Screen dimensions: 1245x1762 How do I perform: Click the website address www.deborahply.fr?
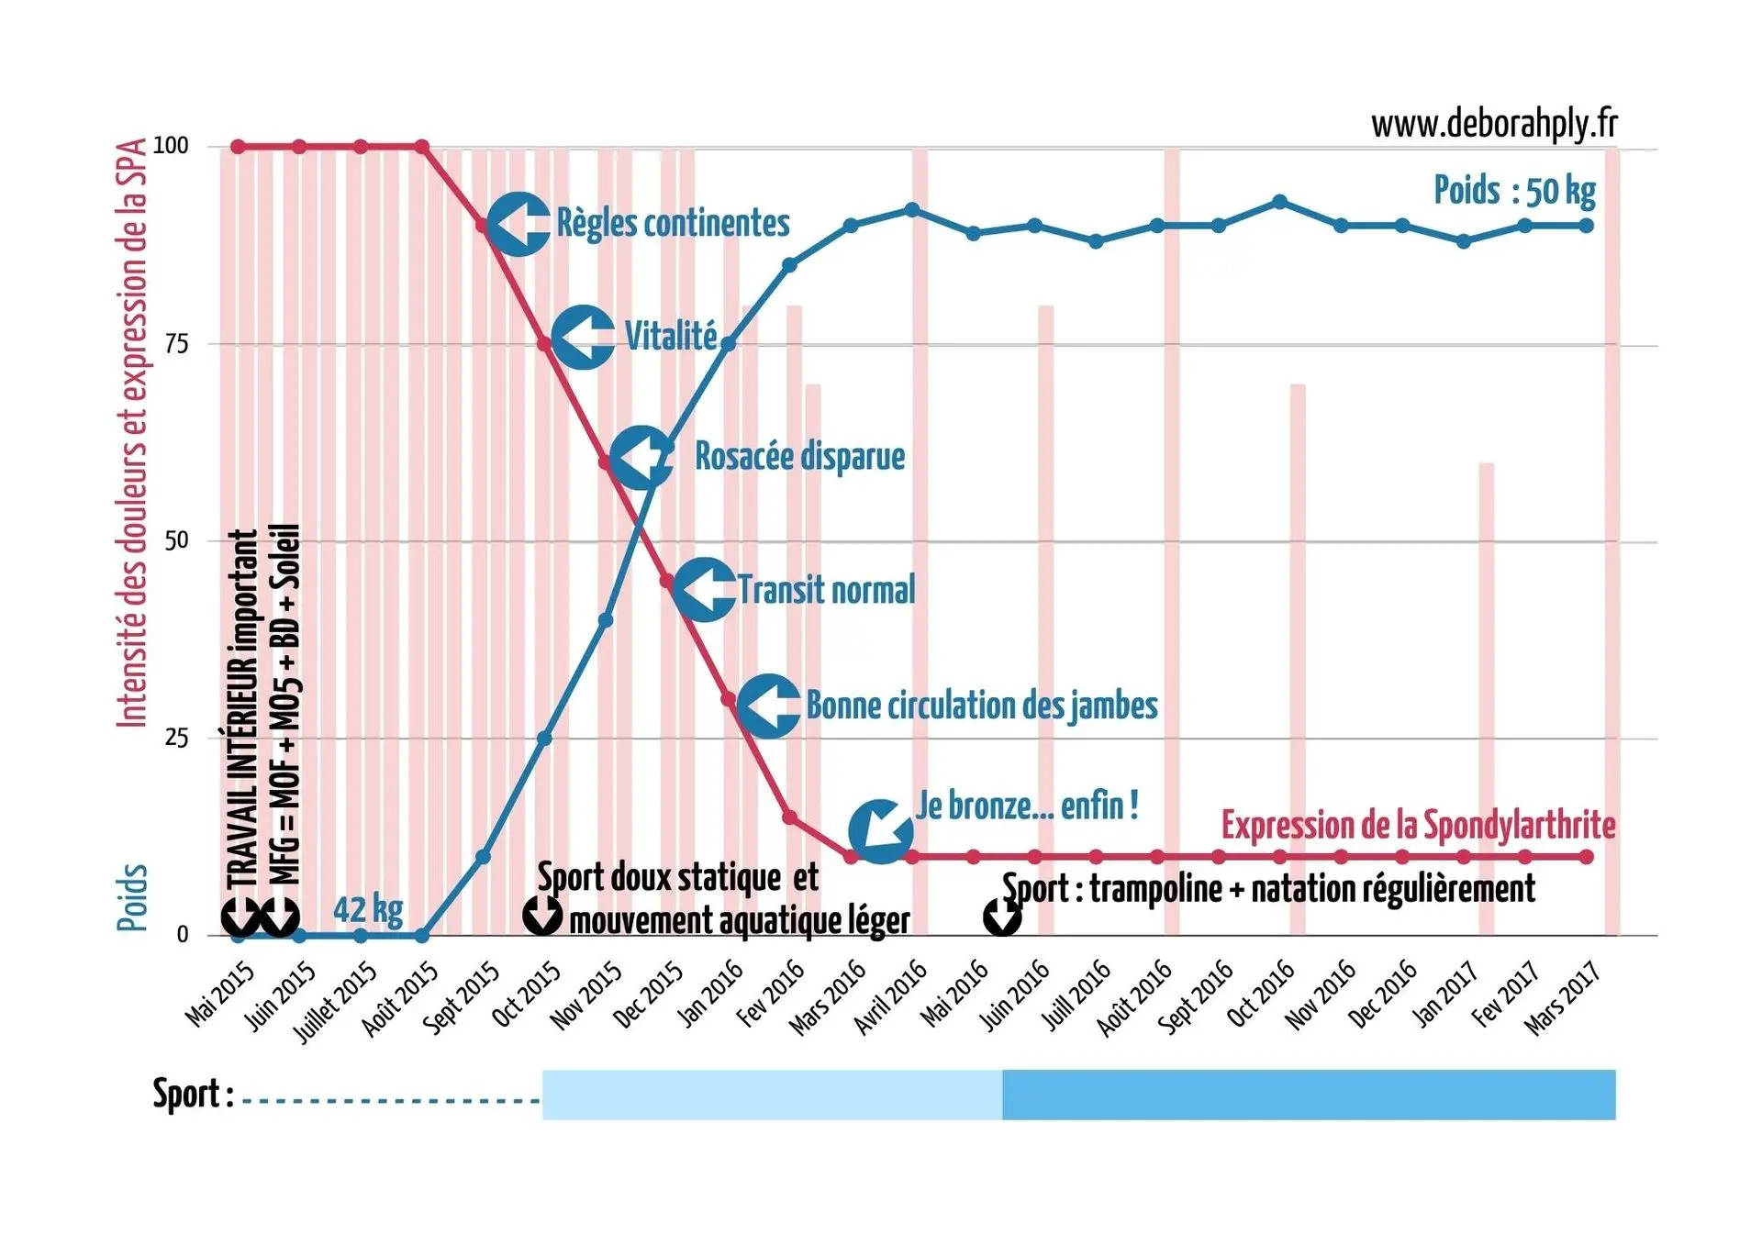[1494, 124]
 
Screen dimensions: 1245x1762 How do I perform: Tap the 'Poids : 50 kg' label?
[1514, 191]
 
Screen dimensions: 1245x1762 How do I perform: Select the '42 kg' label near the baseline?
[368, 909]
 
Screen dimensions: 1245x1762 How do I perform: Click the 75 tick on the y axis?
[177, 344]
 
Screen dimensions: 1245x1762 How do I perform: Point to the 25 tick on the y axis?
[177, 738]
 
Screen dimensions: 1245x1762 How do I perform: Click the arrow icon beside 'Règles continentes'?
[519, 224]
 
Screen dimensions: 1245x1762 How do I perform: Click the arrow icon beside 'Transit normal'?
[705, 589]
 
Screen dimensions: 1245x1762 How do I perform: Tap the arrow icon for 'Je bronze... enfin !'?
[881, 830]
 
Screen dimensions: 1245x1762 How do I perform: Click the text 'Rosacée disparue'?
[799, 456]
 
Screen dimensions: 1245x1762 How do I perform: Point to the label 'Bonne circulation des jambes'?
[981, 706]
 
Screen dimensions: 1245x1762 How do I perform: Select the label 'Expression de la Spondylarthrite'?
[1418, 825]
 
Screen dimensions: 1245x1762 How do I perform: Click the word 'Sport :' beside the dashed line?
[193, 1095]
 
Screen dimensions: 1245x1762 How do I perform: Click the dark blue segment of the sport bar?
[1308, 1095]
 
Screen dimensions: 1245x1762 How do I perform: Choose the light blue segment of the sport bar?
[771, 1095]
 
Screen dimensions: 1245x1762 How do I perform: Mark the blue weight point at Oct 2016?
[1280, 202]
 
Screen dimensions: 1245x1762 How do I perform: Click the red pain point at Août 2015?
[422, 147]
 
